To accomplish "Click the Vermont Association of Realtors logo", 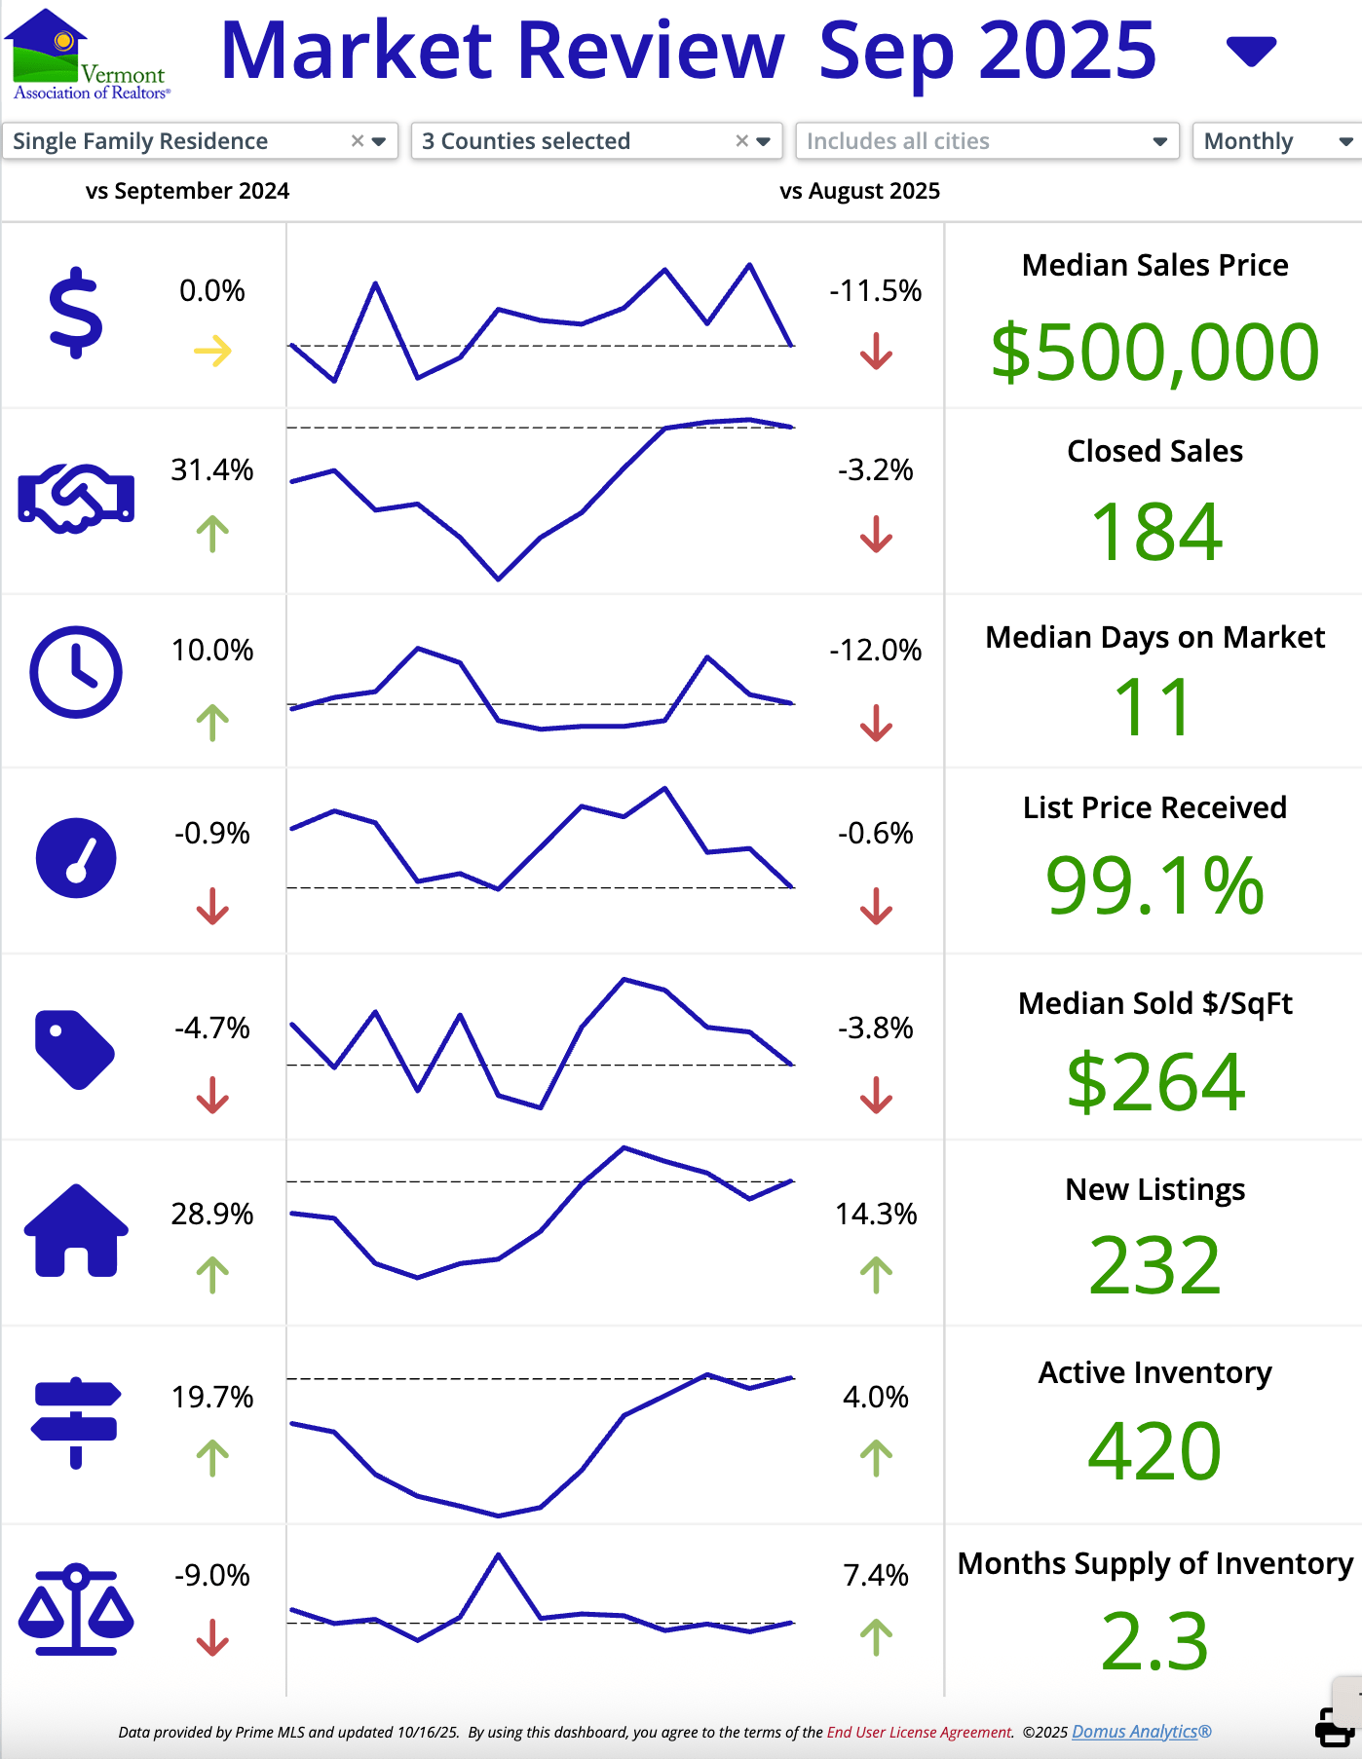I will click(88, 55).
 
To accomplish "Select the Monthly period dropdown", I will click(1276, 141).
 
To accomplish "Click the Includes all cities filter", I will click(986, 141).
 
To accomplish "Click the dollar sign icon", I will click(75, 314).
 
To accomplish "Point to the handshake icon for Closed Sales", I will click(76, 498).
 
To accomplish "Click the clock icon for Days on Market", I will click(76, 672).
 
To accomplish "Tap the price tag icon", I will click(74, 1049).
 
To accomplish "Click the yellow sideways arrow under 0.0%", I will click(212, 351).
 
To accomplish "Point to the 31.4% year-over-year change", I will click(212, 470).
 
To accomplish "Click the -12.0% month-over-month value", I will click(875, 651).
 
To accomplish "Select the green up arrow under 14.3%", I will click(876, 1275).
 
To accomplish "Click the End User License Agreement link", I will click(920, 1732).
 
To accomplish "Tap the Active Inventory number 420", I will click(1154, 1451).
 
